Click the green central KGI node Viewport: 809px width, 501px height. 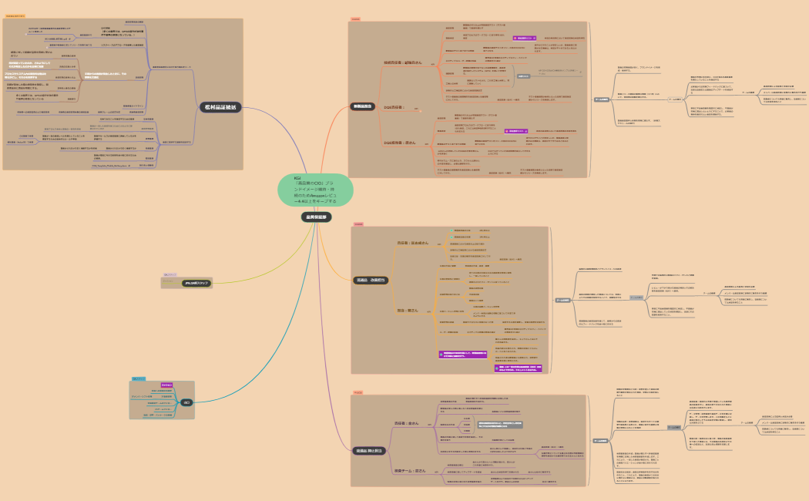(x=315, y=191)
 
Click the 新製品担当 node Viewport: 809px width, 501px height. (x=363, y=106)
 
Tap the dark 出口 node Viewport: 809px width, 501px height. (x=186, y=402)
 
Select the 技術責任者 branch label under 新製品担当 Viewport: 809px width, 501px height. (x=403, y=62)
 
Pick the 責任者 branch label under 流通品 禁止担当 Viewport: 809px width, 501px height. (x=408, y=423)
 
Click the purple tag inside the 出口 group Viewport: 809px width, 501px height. (x=166, y=383)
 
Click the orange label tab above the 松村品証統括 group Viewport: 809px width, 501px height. (x=15, y=15)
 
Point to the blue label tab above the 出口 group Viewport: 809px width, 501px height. (x=138, y=378)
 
